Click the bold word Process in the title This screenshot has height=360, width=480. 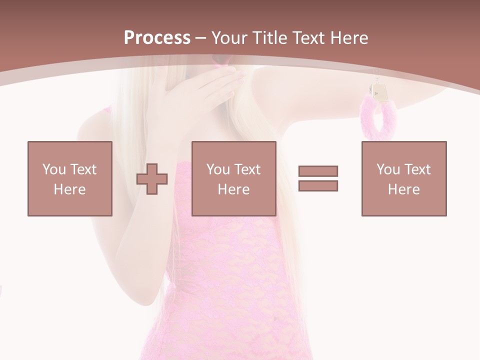click(157, 38)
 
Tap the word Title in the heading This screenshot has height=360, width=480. click(269, 38)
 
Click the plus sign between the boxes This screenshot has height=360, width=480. click(152, 179)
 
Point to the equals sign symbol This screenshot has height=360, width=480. click(318, 178)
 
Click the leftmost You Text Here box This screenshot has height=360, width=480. click(69, 178)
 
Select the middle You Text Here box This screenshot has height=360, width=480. click(233, 178)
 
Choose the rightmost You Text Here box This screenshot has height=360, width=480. click(403, 178)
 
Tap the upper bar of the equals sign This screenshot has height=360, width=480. click(318, 171)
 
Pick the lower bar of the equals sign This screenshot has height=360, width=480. click(318, 185)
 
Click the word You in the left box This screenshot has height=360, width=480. click(54, 169)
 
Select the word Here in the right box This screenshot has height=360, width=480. click(403, 189)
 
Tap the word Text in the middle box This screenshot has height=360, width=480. click(247, 169)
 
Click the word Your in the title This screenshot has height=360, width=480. click(228, 38)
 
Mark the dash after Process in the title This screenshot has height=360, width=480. click(200, 38)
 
